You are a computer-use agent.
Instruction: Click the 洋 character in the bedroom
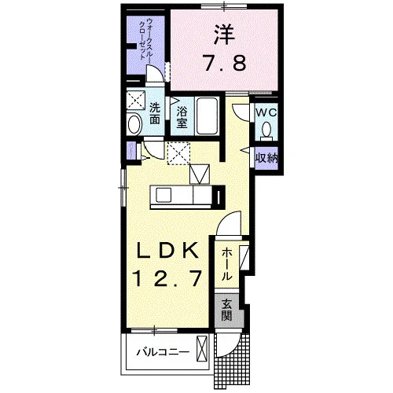[x=225, y=35]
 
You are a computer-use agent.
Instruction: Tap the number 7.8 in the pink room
[x=225, y=64]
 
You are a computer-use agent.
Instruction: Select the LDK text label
[x=167, y=251]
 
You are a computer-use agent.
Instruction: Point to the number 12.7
[x=168, y=278]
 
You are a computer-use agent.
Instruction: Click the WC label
[x=266, y=113]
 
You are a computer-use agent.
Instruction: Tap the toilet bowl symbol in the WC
[x=266, y=130]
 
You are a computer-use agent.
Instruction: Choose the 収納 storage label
[x=266, y=158]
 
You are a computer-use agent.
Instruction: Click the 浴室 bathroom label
[x=182, y=117]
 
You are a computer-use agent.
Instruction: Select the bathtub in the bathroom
[x=208, y=116]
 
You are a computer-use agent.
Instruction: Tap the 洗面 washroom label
[x=155, y=113]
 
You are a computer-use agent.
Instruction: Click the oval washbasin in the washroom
[x=134, y=124]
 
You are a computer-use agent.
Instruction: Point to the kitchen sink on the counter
[x=164, y=195]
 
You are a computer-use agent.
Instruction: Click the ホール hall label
[x=227, y=264]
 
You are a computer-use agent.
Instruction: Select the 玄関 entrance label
[x=227, y=310]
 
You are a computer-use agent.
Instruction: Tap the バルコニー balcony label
[x=163, y=352]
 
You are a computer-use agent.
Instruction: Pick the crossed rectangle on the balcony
[x=202, y=349]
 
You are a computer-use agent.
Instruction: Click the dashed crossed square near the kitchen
[x=178, y=153]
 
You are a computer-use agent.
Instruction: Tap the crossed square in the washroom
[x=136, y=100]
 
